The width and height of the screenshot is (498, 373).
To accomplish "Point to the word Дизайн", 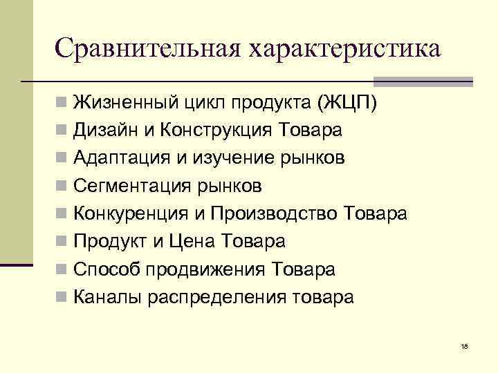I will (104, 131).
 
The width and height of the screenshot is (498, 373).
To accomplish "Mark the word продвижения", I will (205, 269).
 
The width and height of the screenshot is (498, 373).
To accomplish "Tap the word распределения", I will (204, 297).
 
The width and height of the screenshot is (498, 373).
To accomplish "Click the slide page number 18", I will (463, 345).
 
